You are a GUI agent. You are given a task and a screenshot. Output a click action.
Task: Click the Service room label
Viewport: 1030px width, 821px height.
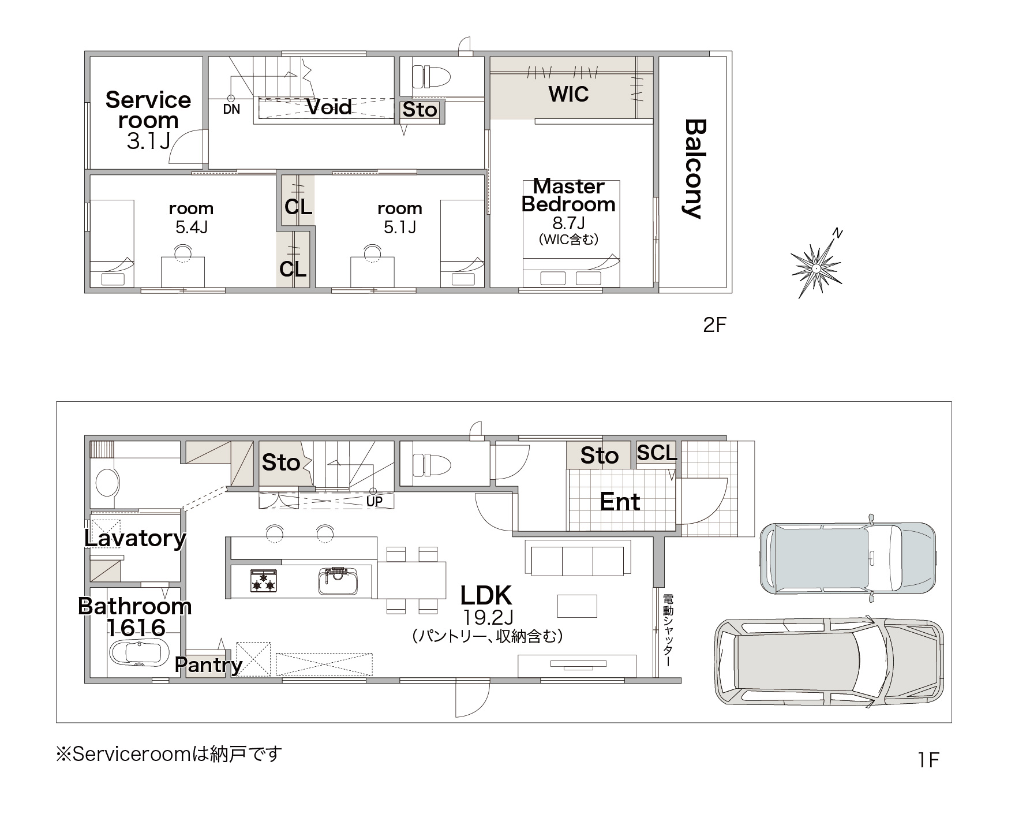(148, 110)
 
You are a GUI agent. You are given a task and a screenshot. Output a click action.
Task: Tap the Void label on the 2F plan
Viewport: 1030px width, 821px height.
(329, 107)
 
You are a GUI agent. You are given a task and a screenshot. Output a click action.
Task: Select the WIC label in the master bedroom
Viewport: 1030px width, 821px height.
(568, 94)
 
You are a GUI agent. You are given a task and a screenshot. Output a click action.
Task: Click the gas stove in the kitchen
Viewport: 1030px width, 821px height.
(264, 581)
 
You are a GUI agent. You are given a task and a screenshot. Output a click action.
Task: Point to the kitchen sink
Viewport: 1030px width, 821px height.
(338, 581)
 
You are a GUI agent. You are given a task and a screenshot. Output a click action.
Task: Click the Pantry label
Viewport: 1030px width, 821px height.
(209, 665)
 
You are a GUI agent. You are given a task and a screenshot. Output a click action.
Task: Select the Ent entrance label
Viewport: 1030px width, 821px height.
(620, 502)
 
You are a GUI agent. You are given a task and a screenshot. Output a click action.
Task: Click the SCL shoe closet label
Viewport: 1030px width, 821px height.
(657, 453)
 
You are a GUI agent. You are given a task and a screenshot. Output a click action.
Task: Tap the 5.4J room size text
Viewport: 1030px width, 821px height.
(191, 227)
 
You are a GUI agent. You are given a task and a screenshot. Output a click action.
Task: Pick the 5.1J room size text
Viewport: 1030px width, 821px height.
(400, 227)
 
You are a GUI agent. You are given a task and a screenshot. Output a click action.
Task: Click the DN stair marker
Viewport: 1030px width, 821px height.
(231, 109)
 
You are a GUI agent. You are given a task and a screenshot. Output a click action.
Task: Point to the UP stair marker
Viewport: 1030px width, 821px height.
(374, 501)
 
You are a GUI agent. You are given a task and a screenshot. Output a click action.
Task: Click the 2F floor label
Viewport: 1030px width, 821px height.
(714, 326)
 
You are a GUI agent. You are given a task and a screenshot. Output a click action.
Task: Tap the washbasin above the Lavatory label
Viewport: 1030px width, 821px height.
(107, 482)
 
